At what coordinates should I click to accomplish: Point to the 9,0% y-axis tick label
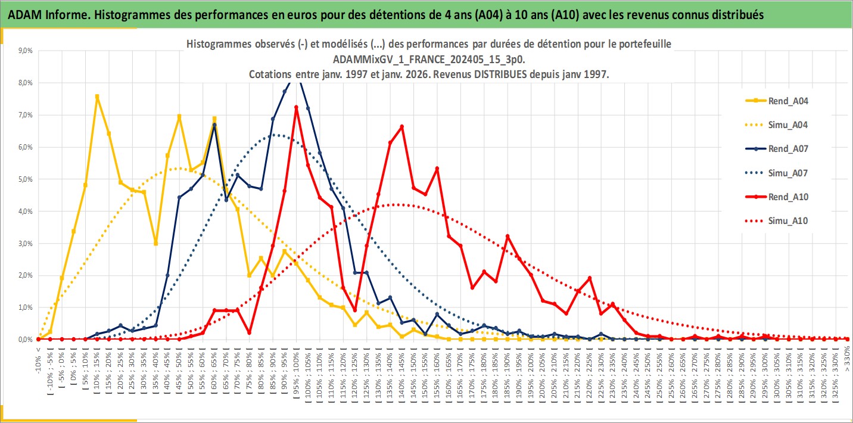pos(26,51)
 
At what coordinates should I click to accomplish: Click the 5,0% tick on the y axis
pos(26,179)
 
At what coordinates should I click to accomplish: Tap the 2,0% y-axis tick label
pos(26,276)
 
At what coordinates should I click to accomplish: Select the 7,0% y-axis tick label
pos(26,115)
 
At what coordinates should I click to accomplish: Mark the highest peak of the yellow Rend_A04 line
pos(97,97)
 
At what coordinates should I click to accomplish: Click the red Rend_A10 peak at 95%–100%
pos(296,107)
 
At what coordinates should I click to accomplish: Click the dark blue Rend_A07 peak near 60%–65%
pos(214,125)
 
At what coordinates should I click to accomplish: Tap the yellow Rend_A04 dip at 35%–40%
pos(155,243)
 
